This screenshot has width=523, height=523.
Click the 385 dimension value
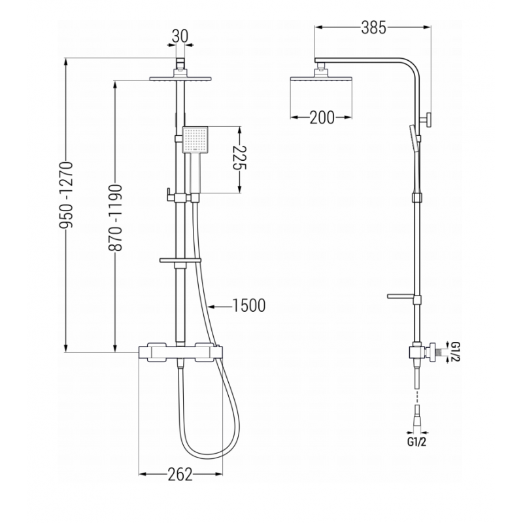[x=373, y=27]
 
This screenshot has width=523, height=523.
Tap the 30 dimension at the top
[x=180, y=36]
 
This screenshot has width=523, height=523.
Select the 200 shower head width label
[x=322, y=117]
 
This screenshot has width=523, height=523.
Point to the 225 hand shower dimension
[x=239, y=158]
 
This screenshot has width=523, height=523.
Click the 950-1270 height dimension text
[x=66, y=195]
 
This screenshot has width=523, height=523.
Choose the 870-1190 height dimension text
[x=116, y=218]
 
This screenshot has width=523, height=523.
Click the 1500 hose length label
[x=249, y=305]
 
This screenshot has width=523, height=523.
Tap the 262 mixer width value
[x=180, y=475]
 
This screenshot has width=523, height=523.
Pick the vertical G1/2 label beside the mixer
[x=456, y=352]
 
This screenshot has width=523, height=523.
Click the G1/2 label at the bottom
[x=416, y=443]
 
